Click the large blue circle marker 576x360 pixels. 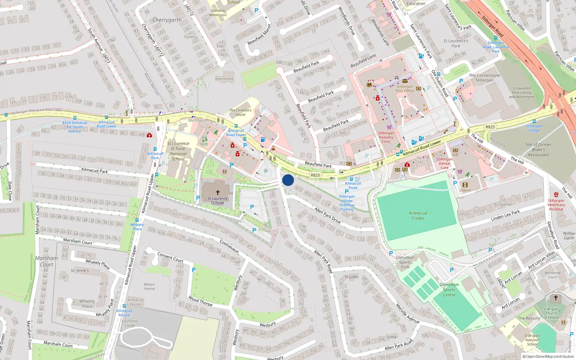(x=288, y=180)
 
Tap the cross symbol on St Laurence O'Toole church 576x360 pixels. (x=217, y=193)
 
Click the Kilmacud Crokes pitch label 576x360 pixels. (x=418, y=216)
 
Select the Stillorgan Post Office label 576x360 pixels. (x=405, y=89)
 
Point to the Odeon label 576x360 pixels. (x=465, y=190)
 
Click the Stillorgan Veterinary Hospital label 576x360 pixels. (x=556, y=205)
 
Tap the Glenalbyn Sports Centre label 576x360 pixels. (x=449, y=289)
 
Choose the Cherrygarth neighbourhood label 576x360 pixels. (x=167, y=20)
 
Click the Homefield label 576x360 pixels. (x=224, y=79)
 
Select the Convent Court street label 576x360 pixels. (x=170, y=257)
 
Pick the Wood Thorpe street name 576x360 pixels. (x=200, y=301)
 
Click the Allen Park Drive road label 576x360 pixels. (x=327, y=215)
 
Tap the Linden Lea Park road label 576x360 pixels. (x=505, y=215)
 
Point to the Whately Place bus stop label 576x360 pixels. (x=137, y=226)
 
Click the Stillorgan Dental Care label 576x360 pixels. (x=445, y=163)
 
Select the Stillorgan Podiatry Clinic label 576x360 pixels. (x=386, y=137)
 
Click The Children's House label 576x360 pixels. (x=240, y=112)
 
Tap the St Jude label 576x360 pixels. (x=351, y=277)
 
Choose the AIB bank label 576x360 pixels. (x=455, y=155)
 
